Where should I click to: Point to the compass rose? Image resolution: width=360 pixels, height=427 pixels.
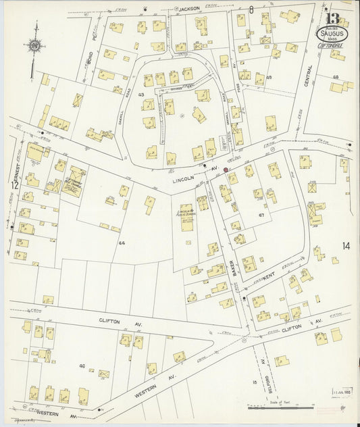[33, 48]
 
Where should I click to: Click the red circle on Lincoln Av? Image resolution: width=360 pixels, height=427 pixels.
[226, 170]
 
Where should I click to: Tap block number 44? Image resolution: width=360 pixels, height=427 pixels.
[122, 242]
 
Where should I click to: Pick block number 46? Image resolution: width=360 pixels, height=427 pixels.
[82, 366]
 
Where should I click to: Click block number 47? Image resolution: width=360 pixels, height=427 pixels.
[261, 214]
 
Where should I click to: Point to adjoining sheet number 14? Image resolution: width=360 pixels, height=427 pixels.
[346, 246]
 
